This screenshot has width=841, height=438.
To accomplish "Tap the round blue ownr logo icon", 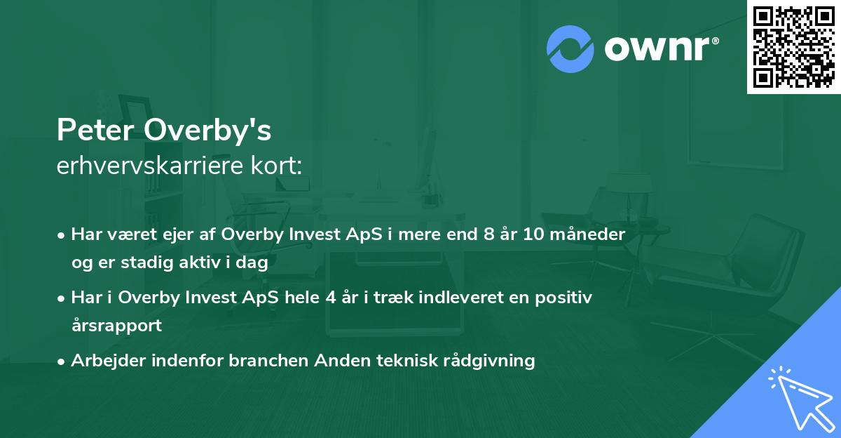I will click(x=570, y=48).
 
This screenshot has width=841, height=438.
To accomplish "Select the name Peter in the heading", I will click(x=97, y=130).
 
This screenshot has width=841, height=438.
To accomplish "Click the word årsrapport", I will click(x=116, y=325).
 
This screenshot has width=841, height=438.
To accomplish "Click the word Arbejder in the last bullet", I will click(x=104, y=361).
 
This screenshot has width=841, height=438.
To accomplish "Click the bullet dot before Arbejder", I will click(x=62, y=361).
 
